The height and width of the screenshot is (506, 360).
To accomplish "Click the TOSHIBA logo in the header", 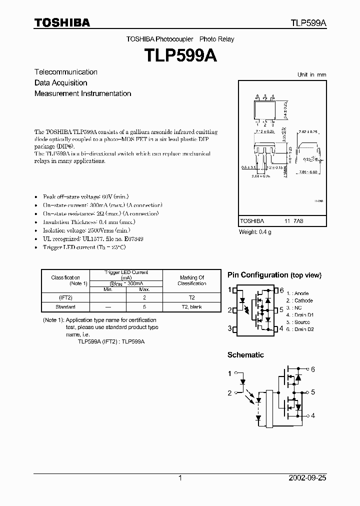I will (x=62, y=22).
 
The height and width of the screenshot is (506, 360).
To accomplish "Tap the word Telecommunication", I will (x=66, y=72).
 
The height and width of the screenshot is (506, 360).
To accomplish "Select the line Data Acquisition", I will (x=61, y=83).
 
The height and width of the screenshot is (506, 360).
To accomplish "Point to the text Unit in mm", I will (x=311, y=74).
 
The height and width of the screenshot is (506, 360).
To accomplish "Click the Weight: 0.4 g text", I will (x=255, y=231).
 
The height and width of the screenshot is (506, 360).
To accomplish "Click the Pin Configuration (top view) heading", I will (x=274, y=275).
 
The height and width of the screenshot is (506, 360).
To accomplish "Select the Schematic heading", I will (x=245, y=355).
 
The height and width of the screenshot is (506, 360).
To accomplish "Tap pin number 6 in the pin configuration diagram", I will (x=282, y=290).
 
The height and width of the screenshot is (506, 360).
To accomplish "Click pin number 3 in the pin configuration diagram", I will (x=229, y=328).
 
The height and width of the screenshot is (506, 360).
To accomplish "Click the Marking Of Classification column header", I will (x=191, y=280).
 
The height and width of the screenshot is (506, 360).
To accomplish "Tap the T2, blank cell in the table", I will (x=191, y=306).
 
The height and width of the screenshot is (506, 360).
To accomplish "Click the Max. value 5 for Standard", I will (x=144, y=306).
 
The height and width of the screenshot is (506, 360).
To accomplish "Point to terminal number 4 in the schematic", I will (x=312, y=415).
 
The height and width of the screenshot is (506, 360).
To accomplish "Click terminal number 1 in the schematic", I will (x=230, y=373).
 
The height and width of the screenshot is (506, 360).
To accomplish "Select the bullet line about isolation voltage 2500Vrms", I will (x=86, y=230).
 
